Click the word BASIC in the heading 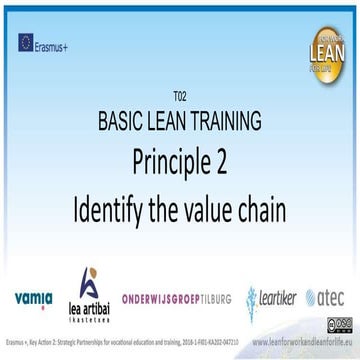pos(127,122)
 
